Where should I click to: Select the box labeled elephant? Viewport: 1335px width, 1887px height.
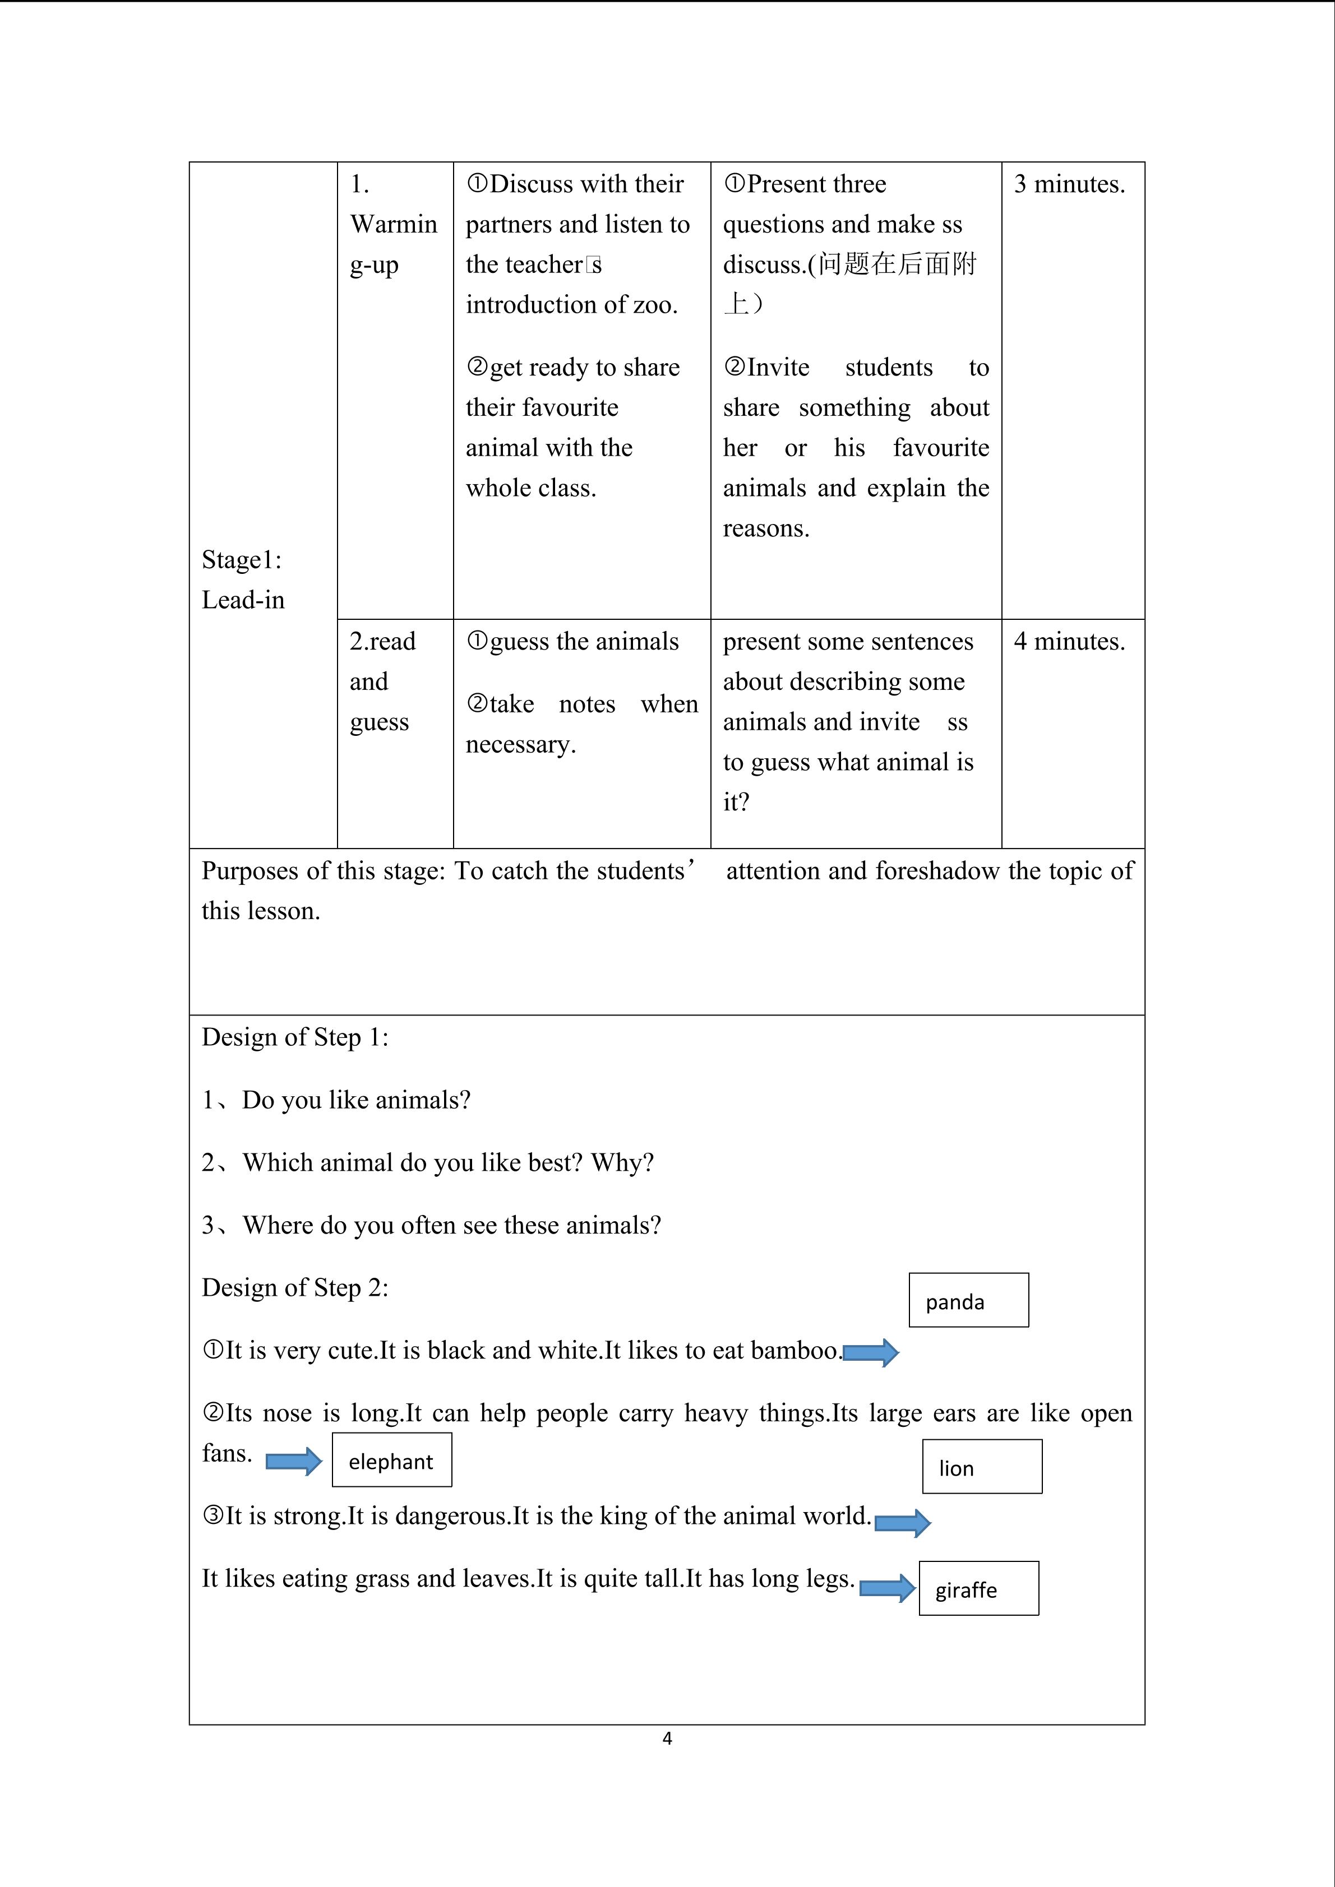391,1459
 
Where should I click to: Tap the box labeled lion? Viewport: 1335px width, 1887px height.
982,1466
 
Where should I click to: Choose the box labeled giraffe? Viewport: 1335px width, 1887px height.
978,1588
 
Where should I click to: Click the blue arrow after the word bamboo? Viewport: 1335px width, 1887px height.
871,1352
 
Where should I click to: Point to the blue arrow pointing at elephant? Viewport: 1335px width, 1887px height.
293,1461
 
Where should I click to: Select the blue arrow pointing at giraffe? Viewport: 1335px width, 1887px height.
887,1588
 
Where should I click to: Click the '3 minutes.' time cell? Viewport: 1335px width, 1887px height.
1069,184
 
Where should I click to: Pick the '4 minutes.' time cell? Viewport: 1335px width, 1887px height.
1069,641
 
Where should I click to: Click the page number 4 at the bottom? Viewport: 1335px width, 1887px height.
667,1737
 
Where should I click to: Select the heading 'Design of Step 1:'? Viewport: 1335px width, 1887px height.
295,1037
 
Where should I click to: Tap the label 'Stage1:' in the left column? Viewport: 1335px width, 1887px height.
242,560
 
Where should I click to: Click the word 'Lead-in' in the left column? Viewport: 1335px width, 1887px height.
243,600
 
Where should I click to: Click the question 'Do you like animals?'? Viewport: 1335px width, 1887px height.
356,1100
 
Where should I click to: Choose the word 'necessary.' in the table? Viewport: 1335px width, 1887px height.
520,745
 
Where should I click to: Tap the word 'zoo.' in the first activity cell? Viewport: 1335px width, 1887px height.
655,305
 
